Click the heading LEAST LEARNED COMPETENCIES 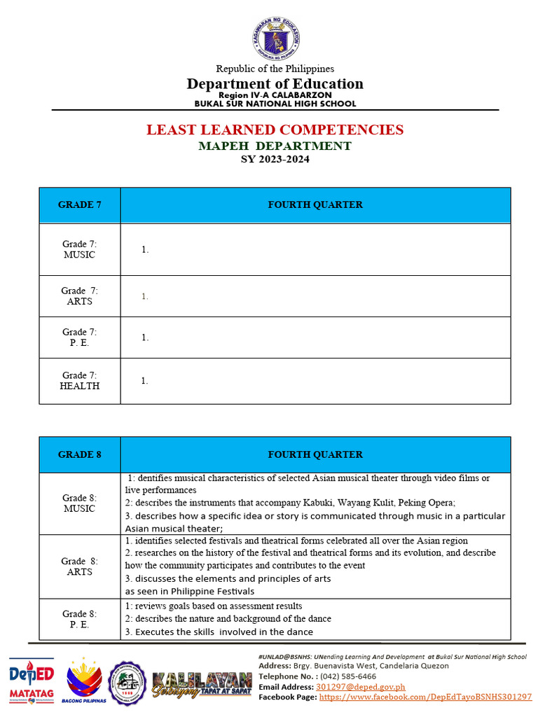click(x=275, y=130)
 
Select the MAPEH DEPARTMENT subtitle click(x=275, y=146)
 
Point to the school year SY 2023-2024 click(x=275, y=159)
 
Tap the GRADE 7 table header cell click(x=79, y=205)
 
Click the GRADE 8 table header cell click(x=79, y=454)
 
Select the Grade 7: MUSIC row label click(x=79, y=249)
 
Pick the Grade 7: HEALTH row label click(x=79, y=381)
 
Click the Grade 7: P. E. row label click(x=79, y=337)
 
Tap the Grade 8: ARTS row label click(x=79, y=566)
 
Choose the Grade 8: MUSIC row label click(x=79, y=503)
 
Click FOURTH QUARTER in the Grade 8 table click(x=315, y=454)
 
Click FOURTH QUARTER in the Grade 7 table click(x=315, y=205)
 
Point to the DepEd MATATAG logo click(x=31, y=680)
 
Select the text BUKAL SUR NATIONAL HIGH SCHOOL click(x=275, y=104)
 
